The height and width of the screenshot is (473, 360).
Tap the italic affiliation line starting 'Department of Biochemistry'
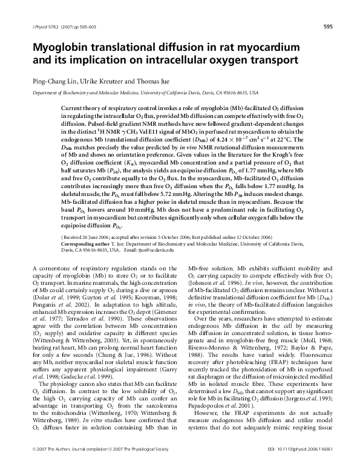click(x=145, y=93)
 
